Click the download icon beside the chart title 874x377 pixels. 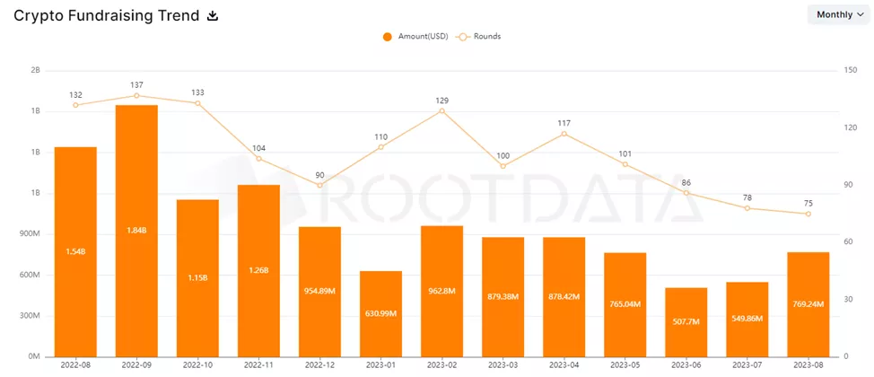[x=213, y=15]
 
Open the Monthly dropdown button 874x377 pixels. [x=841, y=15]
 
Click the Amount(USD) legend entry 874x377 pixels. [x=414, y=37]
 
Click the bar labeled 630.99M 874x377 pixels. [x=380, y=313]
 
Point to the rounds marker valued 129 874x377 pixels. [x=441, y=110]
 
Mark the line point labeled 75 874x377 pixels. [x=808, y=214]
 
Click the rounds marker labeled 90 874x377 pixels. [x=319, y=186]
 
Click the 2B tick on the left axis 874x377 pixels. [x=36, y=70]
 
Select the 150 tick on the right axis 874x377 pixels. [x=850, y=70]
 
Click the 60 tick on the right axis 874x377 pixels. [x=848, y=242]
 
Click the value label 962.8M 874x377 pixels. [x=441, y=291]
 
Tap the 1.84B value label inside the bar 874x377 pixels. [x=136, y=230]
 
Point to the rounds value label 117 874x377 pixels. [x=564, y=122]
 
